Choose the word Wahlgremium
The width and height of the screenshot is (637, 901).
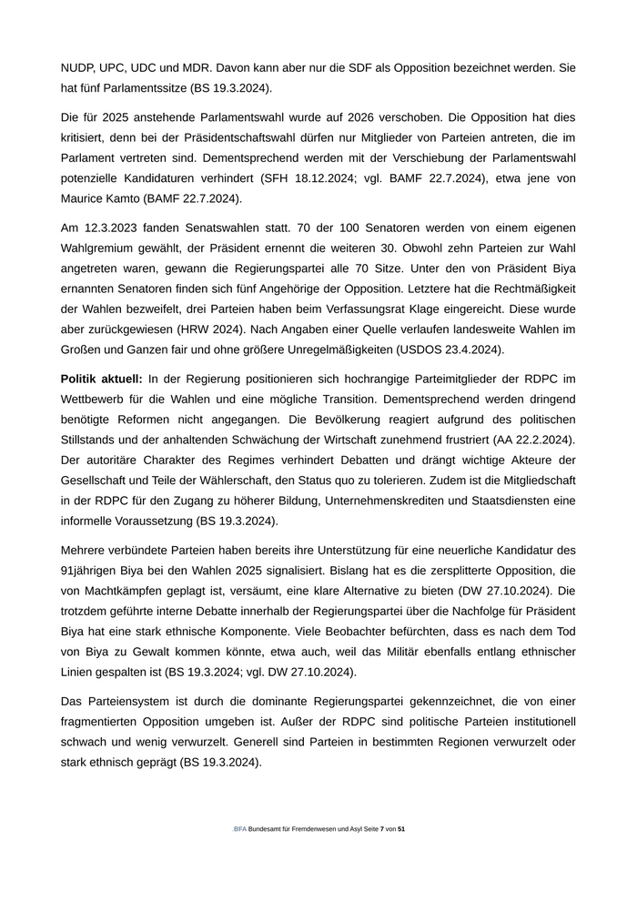click(101, 247)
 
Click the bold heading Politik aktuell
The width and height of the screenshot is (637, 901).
click(100, 378)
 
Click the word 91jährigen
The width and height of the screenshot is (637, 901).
click(93, 571)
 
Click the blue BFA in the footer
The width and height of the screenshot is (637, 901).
click(239, 830)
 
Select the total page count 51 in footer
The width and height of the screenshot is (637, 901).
click(401, 830)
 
